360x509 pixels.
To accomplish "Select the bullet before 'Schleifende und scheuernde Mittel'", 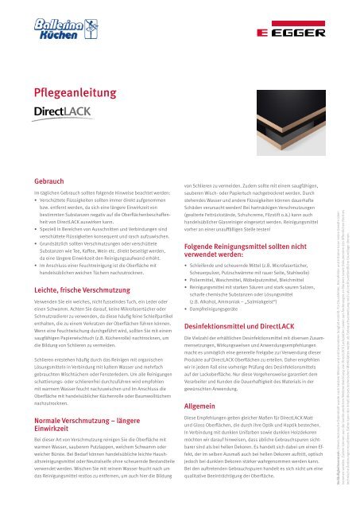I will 187,286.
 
